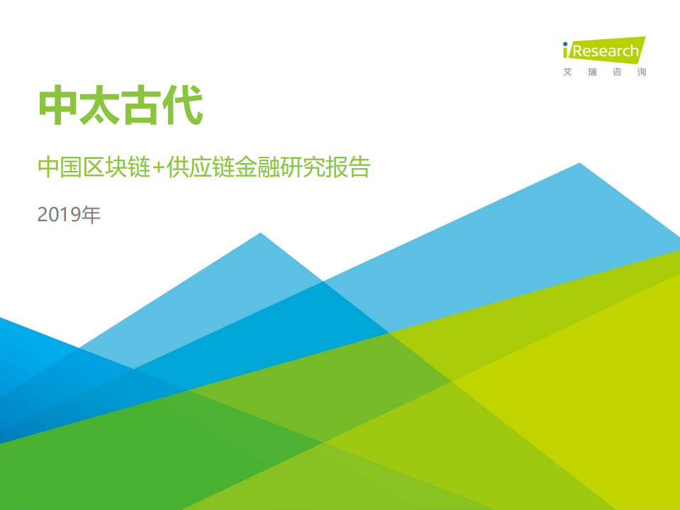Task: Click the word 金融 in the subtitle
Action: [260, 169]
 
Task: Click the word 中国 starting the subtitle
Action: [59, 169]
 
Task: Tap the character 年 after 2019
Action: [91, 215]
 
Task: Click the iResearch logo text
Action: [604, 51]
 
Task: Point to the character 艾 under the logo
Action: [567, 72]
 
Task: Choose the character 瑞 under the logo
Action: [592, 72]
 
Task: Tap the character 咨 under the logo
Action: [617, 72]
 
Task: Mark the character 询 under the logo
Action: [642, 72]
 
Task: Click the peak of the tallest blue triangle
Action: [580, 165]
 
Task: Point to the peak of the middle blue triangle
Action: [260, 234]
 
